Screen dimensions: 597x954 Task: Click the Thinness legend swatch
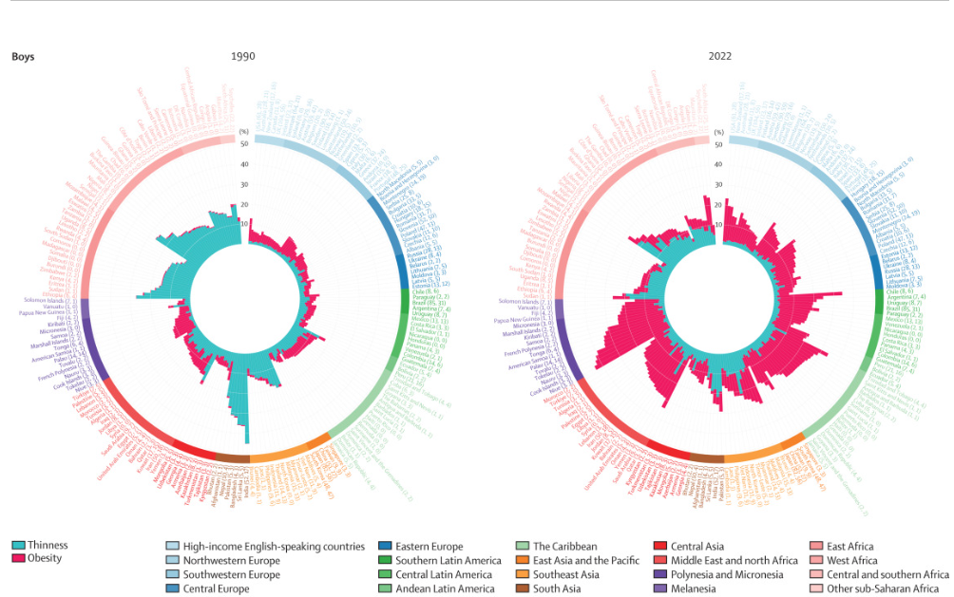18,546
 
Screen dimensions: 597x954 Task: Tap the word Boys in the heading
24,56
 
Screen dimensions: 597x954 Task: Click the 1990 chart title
243,56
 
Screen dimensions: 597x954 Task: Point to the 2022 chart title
719,56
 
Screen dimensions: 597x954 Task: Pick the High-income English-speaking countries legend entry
274,546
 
